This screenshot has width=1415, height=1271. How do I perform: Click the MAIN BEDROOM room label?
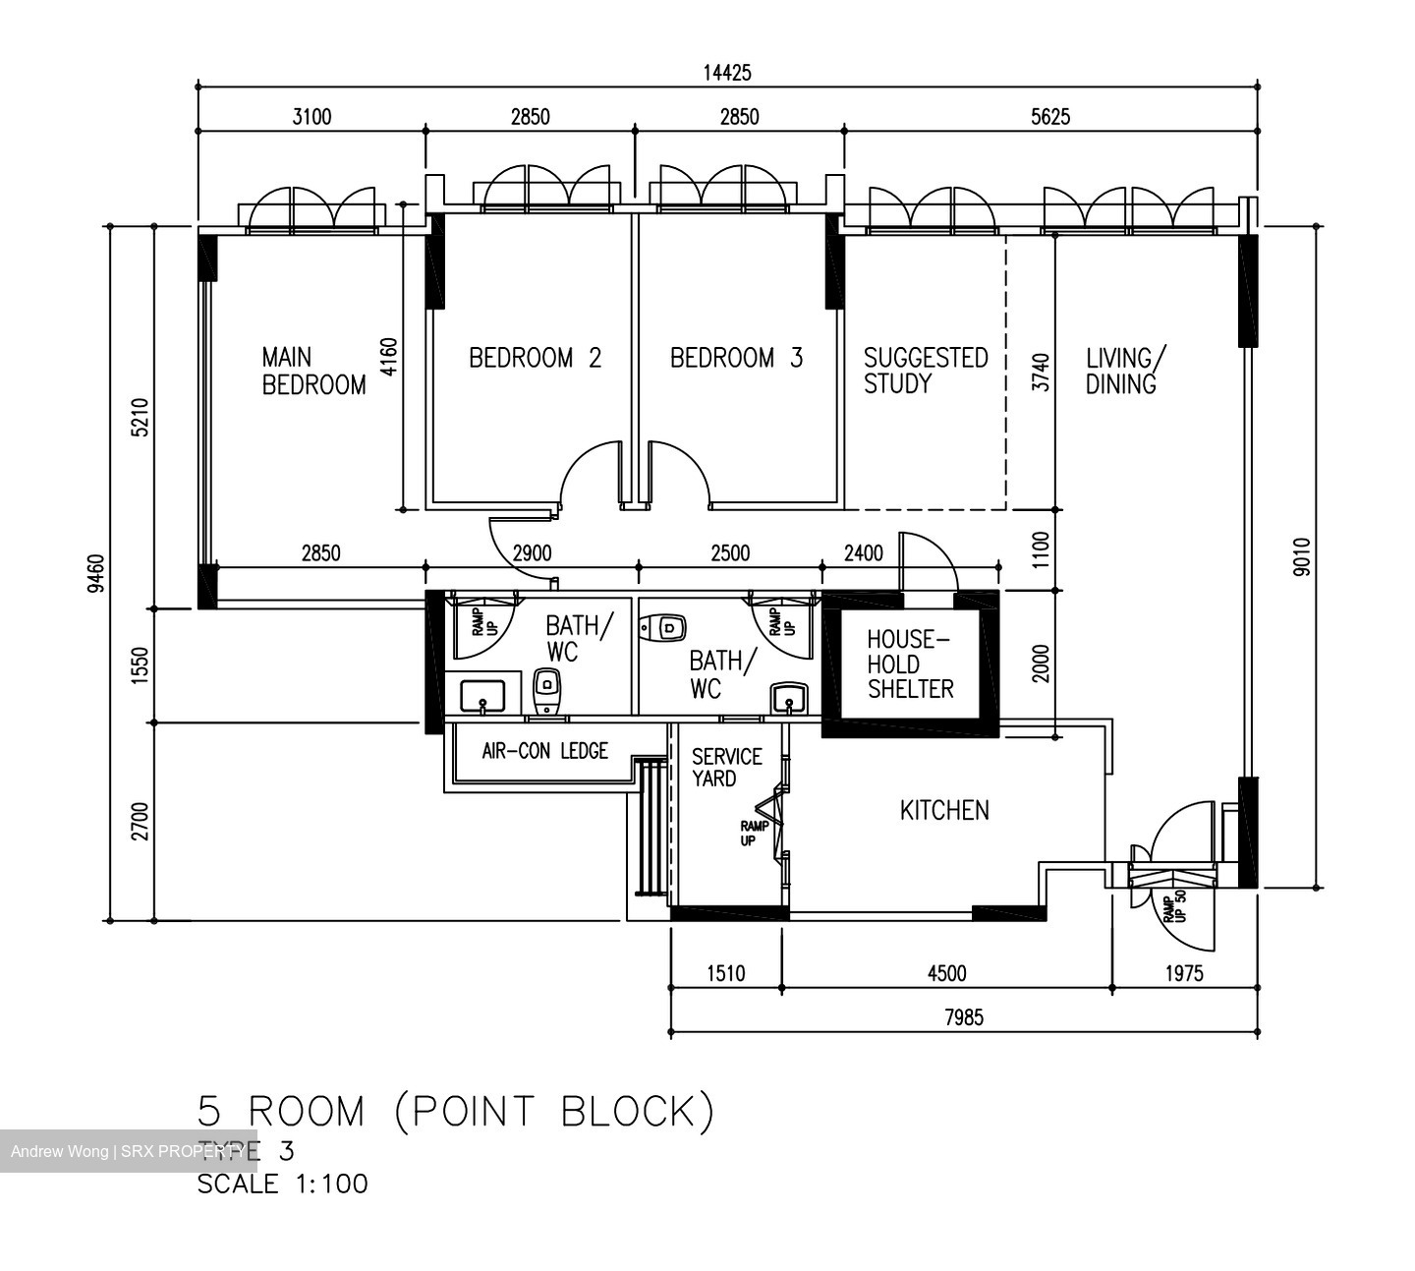click(x=312, y=371)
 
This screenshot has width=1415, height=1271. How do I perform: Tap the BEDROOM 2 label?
click(x=535, y=358)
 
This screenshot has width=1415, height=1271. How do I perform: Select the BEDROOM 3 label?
click(x=736, y=358)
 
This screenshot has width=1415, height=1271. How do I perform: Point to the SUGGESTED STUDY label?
click(x=925, y=371)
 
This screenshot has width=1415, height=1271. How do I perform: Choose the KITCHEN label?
click(x=944, y=810)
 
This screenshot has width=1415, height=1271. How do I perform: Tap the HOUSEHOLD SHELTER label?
click(x=909, y=664)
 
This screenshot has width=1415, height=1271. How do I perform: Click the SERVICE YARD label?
click(x=726, y=768)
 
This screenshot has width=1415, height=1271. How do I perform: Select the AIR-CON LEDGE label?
click(x=544, y=751)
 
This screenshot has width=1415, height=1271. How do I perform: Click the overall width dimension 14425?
click(x=727, y=73)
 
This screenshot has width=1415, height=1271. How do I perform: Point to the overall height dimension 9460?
click(x=95, y=573)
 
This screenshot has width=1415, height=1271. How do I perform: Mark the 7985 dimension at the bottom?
click(x=963, y=1017)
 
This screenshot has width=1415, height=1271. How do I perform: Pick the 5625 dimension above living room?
click(x=1050, y=117)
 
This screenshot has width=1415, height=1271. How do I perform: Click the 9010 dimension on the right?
click(x=1302, y=555)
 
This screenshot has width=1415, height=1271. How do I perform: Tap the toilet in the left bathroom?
click(x=546, y=691)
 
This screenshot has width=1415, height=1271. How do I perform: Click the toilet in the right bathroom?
click(x=664, y=627)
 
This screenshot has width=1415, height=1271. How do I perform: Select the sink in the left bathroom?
click(x=481, y=696)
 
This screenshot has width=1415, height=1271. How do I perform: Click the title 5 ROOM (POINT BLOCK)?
click(x=456, y=1112)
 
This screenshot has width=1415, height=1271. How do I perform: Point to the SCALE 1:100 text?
click(x=283, y=1184)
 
